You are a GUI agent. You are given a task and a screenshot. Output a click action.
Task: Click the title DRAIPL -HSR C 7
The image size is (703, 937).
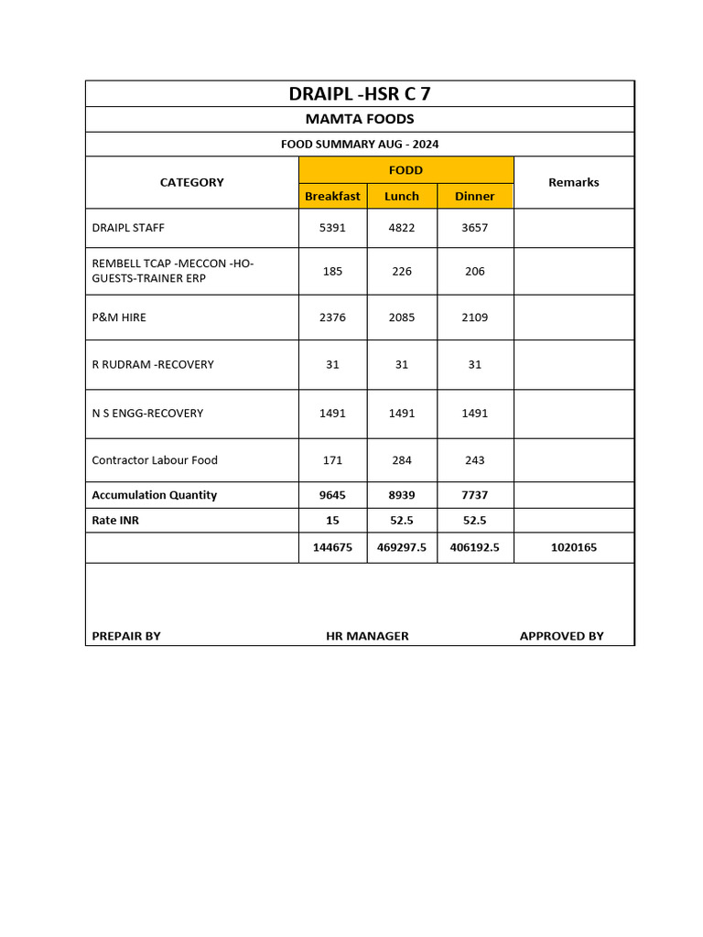(x=359, y=93)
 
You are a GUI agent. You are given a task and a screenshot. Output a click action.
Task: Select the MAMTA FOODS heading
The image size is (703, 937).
(x=359, y=119)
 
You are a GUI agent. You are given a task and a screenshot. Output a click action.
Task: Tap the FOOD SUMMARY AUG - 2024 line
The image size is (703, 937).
(x=359, y=145)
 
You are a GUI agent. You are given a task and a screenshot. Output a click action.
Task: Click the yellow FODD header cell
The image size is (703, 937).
(x=406, y=170)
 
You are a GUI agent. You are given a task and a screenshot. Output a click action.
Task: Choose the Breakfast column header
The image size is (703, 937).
(x=332, y=196)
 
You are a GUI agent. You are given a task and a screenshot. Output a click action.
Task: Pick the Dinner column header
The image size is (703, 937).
(x=474, y=196)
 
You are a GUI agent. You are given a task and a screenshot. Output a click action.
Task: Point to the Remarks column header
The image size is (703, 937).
(x=573, y=182)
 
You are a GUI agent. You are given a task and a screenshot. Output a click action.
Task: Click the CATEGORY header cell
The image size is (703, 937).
(x=191, y=182)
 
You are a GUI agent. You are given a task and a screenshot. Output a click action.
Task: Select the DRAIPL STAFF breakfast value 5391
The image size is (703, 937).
(x=332, y=228)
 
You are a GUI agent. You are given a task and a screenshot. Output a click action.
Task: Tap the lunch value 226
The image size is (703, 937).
(x=402, y=271)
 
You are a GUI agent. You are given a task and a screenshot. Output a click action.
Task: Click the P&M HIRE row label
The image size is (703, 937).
(x=119, y=318)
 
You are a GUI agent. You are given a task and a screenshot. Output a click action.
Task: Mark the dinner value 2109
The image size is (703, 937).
(x=474, y=318)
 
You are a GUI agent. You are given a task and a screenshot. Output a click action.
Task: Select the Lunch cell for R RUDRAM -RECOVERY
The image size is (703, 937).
(x=402, y=364)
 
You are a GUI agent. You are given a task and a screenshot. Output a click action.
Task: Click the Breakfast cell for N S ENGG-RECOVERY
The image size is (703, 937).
(x=332, y=413)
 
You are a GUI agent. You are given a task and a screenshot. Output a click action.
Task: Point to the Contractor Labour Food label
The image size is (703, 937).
(x=155, y=460)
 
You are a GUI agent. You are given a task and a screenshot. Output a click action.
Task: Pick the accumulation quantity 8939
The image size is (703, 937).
(x=402, y=495)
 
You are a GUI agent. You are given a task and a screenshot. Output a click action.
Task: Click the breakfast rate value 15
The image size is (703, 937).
(x=332, y=520)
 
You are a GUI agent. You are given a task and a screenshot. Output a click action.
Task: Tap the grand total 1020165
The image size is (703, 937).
(x=573, y=547)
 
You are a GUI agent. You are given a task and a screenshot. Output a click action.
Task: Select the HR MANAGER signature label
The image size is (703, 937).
(x=367, y=636)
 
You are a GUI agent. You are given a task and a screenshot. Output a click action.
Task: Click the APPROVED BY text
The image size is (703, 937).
(x=561, y=636)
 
